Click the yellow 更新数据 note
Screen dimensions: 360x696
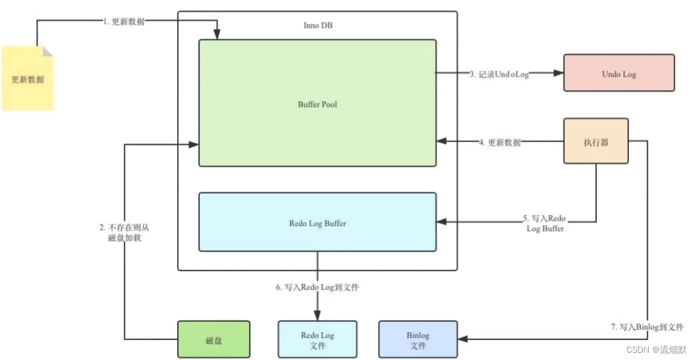point(27,79)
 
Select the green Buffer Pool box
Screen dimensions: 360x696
point(317,104)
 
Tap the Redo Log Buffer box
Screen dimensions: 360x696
point(317,223)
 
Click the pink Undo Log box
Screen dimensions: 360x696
point(619,73)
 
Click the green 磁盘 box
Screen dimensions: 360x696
point(213,339)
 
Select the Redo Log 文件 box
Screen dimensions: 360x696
point(317,340)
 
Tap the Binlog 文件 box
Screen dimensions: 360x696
point(418,340)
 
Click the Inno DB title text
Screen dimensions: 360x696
point(317,25)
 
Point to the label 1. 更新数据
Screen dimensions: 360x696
point(123,21)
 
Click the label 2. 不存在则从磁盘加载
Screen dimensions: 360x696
point(123,233)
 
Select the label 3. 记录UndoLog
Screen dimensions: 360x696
point(499,74)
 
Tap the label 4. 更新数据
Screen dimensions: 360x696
point(499,143)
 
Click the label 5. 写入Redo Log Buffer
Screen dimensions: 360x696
point(545,223)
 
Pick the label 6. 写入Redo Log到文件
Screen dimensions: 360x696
point(317,287)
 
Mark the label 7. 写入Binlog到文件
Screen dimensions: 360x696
point(647,327)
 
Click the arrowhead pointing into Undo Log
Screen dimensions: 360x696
point(558,73)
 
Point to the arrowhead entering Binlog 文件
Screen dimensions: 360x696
point(463,339)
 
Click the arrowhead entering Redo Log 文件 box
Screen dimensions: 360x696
point(317,316)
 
